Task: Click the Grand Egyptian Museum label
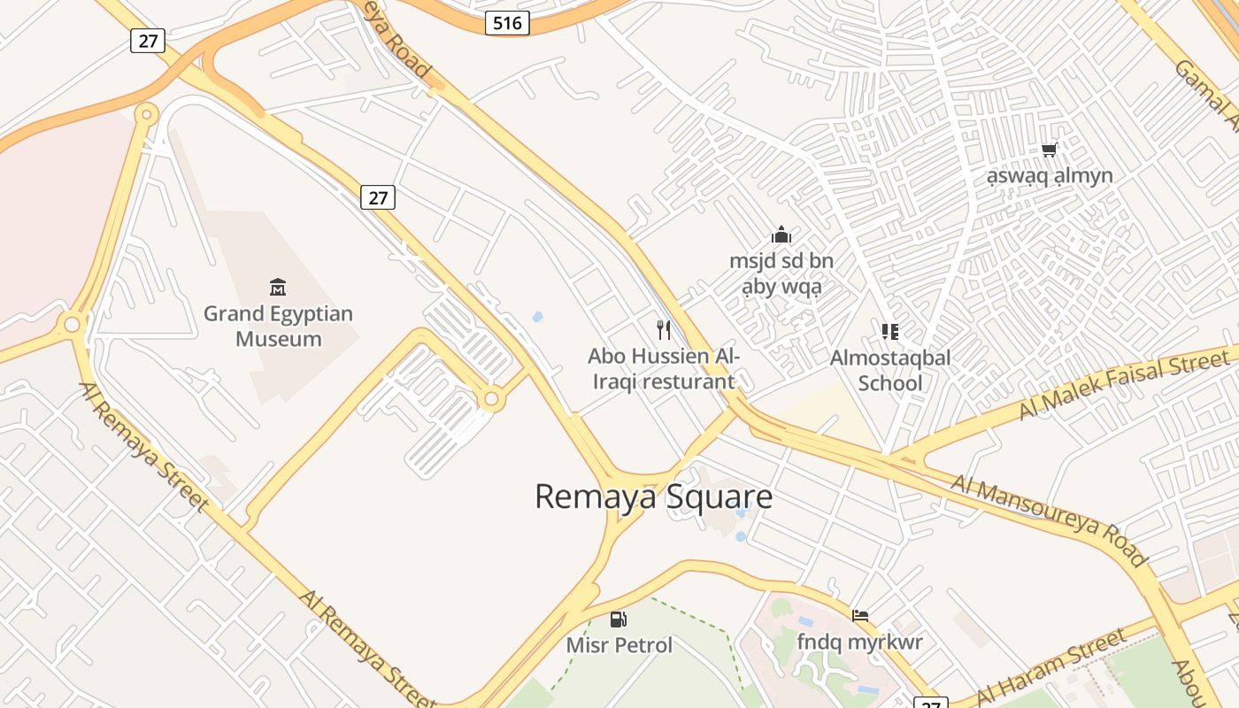point(278,327)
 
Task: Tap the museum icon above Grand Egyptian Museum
point(278,287)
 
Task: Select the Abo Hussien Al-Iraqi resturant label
point(663,369)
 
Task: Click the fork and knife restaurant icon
point(664,330)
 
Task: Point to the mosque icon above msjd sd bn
point(781,235)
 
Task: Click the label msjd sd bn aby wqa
point(781,273)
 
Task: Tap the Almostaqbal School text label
point(890,370)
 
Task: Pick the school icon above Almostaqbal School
point(890,332)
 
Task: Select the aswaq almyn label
point(1050,175)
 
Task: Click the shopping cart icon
point(1050,150)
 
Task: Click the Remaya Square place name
point(653,496)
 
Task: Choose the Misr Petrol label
point(619,645)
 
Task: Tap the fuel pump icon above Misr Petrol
point(619,619)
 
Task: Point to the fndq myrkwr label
point(859,642)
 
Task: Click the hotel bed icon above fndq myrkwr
point(859,616)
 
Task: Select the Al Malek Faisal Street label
point(1123,385)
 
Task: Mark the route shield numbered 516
point(507,22)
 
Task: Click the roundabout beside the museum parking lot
point(491,400)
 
